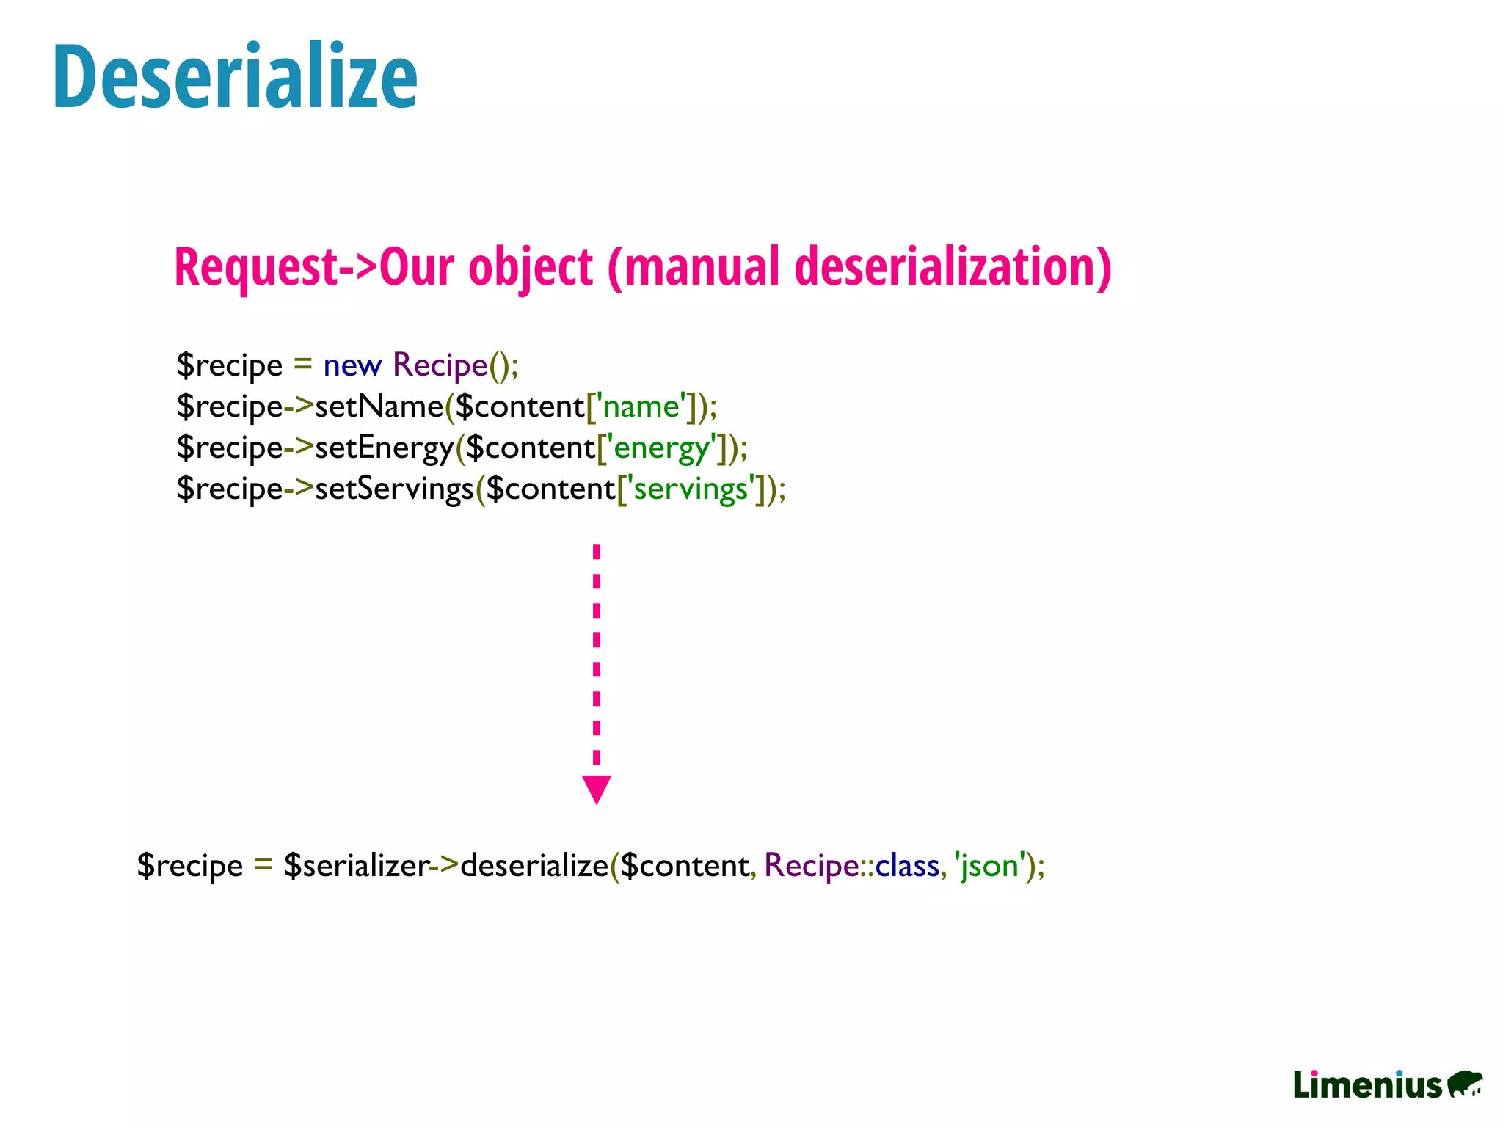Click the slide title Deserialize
235,77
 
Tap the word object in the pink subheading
530,266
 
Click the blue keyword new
352,365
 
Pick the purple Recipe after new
440,365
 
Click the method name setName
379,406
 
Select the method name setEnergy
384,448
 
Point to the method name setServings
394,489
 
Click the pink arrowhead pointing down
597,789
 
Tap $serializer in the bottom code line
356,866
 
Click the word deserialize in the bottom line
534,866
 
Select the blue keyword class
906,866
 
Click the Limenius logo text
1367,1085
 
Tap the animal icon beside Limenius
1465,1084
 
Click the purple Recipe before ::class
811,866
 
